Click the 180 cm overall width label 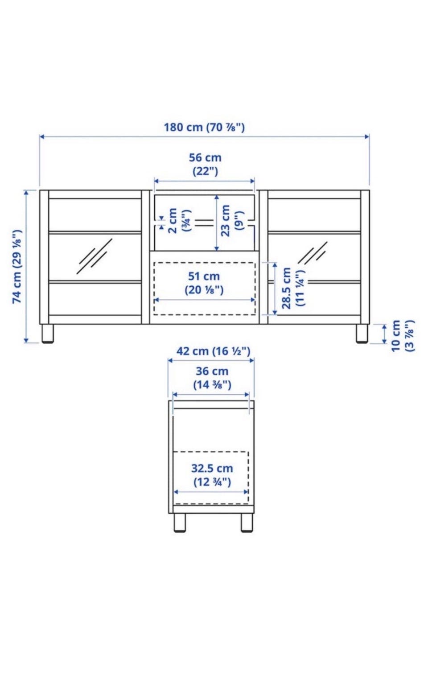pos(204,128)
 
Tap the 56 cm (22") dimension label pos(205,165)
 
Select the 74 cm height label pos(17,267)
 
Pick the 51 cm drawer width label pos(204,283)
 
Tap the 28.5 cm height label pos(293,288)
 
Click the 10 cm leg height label pos(403,336)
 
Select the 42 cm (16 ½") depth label pos(214,351)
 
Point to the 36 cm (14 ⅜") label pos(212,378)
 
